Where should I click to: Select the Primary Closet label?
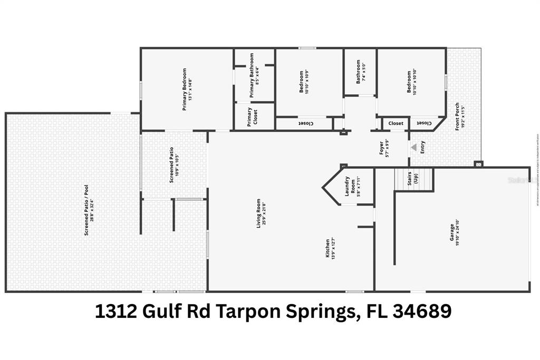point(249,117)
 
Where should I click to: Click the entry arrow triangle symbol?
point(414,147)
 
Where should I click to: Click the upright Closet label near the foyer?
point(396,123)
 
